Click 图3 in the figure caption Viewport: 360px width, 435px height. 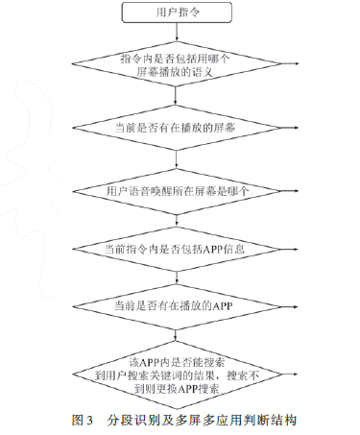[82, 421]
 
